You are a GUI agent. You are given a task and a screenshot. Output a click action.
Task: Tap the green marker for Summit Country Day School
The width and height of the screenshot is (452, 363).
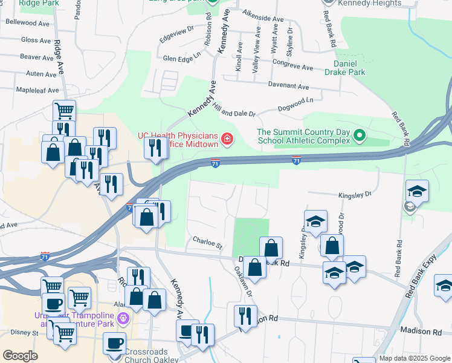pyautogui.click(x=360, y=135)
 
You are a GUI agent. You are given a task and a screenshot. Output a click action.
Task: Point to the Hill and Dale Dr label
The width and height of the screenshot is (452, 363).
pyautogui.click(x=234, y=109)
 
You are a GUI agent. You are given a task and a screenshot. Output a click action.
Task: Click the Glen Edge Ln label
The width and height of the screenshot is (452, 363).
pyautogui.click(x=181, y=59)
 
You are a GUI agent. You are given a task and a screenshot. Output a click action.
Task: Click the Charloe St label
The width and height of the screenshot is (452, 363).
pyautogui.click(x=208, y=243)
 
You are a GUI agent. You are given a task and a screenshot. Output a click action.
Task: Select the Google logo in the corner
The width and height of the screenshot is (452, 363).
pyautogui.click(x=21, y=356)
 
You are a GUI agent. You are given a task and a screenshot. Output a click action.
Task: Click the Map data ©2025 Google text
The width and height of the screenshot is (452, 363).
pyautogui.click(x=415, y=358)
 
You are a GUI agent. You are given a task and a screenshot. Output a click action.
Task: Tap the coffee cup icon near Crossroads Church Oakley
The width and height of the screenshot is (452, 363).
pyautogui.click(x=114, y=344)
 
